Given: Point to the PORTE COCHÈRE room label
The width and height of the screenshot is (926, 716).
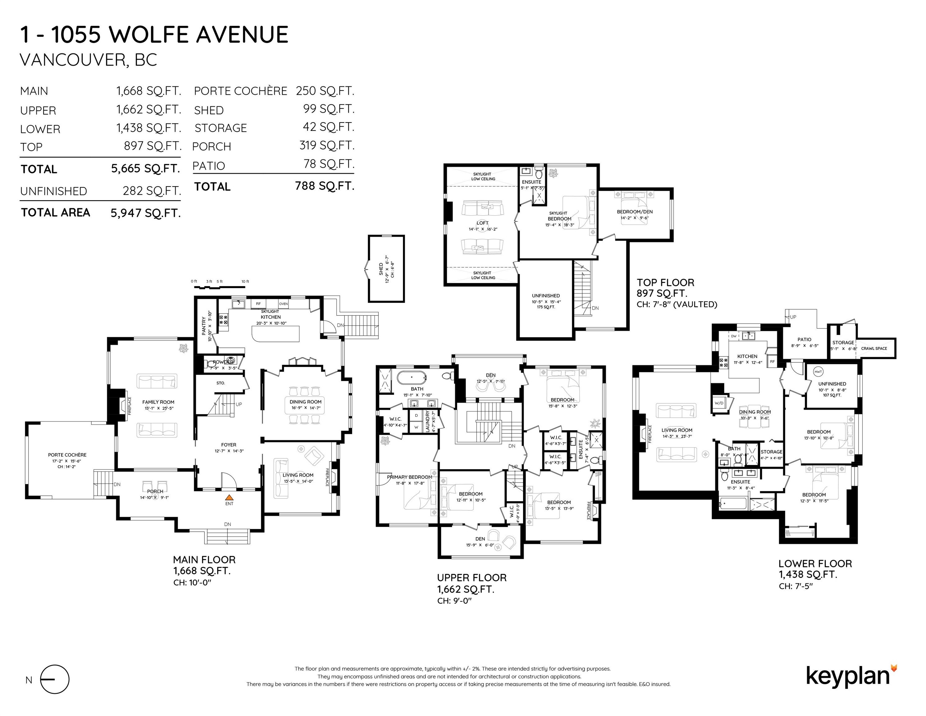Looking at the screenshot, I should (x=67, y=455).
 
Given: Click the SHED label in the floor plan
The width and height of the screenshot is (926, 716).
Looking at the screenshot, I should (x=381, y=268).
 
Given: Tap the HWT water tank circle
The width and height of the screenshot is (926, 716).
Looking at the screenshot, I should (x=818, y=372).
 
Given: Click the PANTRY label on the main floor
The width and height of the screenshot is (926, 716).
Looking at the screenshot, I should (x=204, y=326).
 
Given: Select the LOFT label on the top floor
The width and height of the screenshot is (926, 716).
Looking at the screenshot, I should (x=482, y=223).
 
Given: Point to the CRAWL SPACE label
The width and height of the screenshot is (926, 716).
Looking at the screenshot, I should (x=874, y=348).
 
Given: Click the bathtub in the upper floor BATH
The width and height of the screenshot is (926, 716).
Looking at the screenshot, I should (x=413, y=377).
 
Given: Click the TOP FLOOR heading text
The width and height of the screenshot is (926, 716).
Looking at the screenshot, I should (x=665, y=282).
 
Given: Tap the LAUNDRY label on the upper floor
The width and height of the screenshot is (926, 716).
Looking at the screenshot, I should (x=427, y=421).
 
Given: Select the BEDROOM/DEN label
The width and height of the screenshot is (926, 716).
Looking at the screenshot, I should (x=634, y=212).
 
